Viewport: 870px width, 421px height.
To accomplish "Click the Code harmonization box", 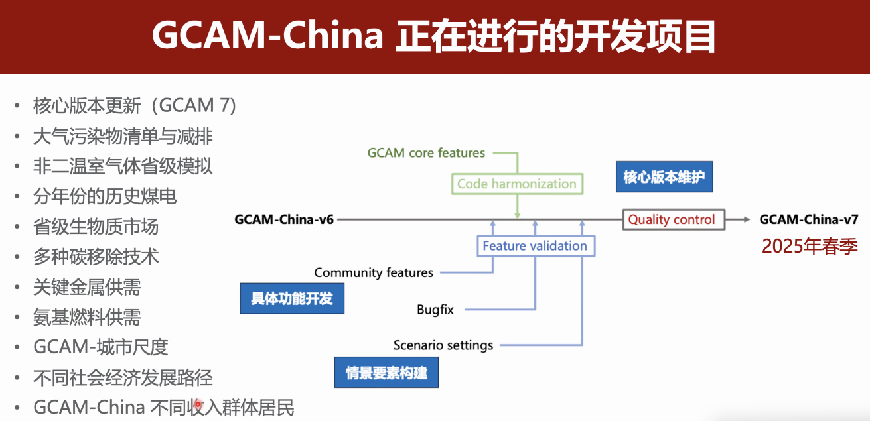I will (517, 184).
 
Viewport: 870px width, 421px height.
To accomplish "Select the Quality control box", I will (672, 219).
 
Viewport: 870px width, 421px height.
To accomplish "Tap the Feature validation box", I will (535, 246).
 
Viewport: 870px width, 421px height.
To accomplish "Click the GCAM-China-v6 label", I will (284, 219).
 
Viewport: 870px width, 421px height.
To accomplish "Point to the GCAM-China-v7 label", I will (809, 219).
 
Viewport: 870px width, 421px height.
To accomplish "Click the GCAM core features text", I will (426, 153).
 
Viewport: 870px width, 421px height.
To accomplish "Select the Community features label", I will (374, 272).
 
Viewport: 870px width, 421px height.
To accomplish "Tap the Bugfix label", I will (435, 309).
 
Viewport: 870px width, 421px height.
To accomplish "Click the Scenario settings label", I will (443, 345).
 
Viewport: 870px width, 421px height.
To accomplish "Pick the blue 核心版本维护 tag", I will (664, 177).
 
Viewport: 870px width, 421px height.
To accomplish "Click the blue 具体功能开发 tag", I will (292, 298).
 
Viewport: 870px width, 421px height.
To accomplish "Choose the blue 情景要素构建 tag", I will (386, 372).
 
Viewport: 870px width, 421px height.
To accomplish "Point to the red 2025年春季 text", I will (810, 247).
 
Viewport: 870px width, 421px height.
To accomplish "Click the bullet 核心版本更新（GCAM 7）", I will (135, 105).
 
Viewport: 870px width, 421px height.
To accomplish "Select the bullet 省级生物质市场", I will (96, 227).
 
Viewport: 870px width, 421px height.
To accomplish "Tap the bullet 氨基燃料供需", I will (87, 317).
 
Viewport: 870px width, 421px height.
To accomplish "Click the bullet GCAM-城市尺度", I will (101, 347).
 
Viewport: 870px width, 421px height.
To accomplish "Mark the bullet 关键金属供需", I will (87, 287).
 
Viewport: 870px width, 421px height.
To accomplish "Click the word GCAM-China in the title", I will (267, 37).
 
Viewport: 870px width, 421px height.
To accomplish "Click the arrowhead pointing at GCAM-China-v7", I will (746, 219).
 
